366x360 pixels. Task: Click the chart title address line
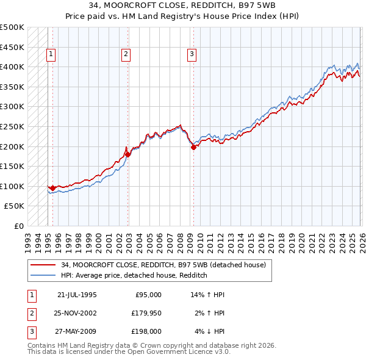pos(182,7)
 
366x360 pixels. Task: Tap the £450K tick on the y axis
pos(12,47)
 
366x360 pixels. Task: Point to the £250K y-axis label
pos(12,126)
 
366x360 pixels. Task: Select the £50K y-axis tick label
pos(15,206)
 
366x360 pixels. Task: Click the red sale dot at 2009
pos(193,146)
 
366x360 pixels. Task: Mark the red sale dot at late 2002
pos(127,154)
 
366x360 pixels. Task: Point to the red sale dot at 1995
pos(52,188)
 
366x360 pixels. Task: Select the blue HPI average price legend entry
pos(134,275)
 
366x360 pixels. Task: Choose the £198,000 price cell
pos(146,331)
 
